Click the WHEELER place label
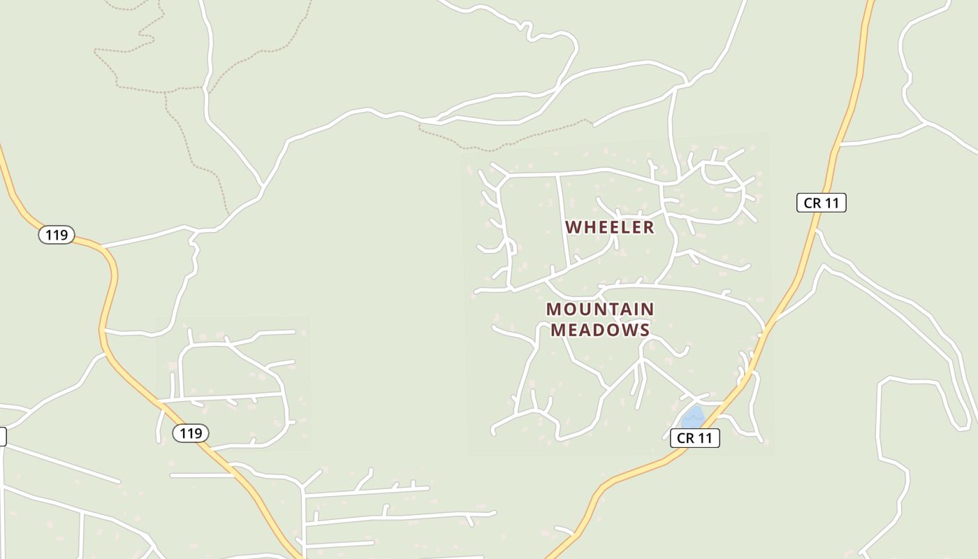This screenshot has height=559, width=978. pyautogui.click(x=609, y=227)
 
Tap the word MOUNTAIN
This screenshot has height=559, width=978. pyautogui.click(x=600, y=310)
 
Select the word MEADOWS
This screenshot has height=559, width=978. pyautogui.click(x=600, y=330)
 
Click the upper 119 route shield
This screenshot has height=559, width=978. pyautogui.click(x=56, y=235)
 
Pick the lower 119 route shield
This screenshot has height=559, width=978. pyautogui.click(x=191, y=433)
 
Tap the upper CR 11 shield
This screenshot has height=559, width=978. pyautogui.click(x=821, y=203)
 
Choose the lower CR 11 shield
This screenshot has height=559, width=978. pyautogui.click(x=694, y=438)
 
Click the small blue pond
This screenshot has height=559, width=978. pyautogui.click(x=693, y=418)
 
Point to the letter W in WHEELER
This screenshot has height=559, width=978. pyautogui.click(x=573, y=227)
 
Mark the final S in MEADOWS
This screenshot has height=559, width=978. pyautogui.click(x=645, y=330)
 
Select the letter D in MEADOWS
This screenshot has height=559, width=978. pyautogui.click(x=592, y=330)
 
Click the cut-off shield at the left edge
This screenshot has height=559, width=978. pyautogui.click(x=2, y=437)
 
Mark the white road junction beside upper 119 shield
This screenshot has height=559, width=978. pyautogui.click(x=102, y=247)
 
